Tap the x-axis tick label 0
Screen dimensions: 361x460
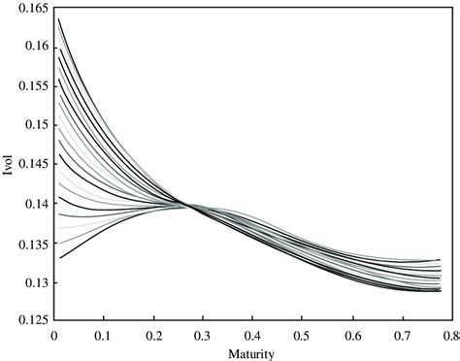pyautogui.click(x=54, y=334)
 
